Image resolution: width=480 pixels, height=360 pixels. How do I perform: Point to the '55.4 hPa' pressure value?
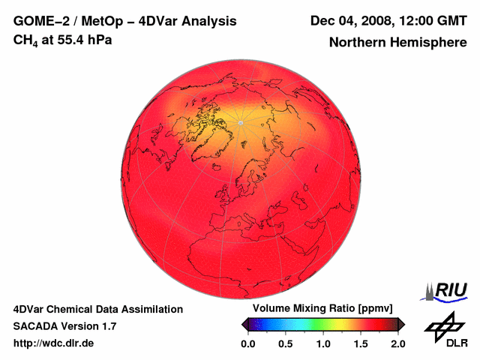pyautogui.click(x=84, y=40)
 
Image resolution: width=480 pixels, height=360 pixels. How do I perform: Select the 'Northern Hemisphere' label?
pyautogui.click(x=397, y=43)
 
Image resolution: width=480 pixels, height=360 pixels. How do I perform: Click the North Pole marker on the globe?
pyautogui.click(x=241, y=122)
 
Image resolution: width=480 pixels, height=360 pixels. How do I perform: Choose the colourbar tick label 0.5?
pyautogui.click(x=286, y=343)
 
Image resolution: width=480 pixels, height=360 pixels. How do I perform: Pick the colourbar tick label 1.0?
pyautogui.click(x=323, y=343)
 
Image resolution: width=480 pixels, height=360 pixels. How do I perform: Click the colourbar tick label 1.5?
pyautogui.click(x=361, y=343)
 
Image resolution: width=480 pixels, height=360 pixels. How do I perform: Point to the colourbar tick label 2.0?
pyautogui.click(x=398, y=343)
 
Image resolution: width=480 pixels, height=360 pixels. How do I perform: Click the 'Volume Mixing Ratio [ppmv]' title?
pyautogui.click(x=323, y=308)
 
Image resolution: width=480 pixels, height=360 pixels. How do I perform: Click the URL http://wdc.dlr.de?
pyautogui.click(x=54, y=343)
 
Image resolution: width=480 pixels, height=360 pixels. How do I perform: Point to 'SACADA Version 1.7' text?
pyautogui.click(x=64, y=326)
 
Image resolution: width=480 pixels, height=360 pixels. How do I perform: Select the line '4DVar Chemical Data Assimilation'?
pyautogui.click(x=97, y=309)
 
